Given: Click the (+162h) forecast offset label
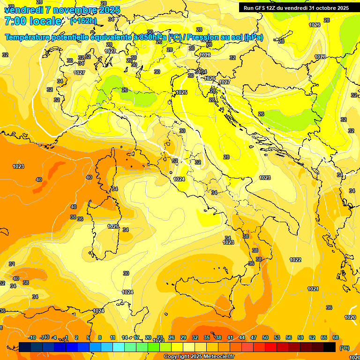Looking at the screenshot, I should (x=83, y=21).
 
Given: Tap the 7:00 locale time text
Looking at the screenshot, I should (x=33, y=21).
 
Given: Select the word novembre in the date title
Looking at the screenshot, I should (x=76, y=10).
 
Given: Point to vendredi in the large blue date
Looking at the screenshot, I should (x=23, y=10).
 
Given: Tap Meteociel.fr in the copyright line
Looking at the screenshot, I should (x=215, y=357).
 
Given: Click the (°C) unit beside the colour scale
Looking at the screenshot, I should (x=344, y=348).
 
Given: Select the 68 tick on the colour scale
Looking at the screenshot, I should (x=336, y=337).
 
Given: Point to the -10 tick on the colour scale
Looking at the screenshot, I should (x=32, y=337).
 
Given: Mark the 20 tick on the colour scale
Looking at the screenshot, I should (x=148, y=337).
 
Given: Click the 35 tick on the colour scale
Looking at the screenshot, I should (x=207, y=337).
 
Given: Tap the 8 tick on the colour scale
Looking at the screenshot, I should (x=100, y=337).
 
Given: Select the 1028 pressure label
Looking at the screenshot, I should (x=205, y=55).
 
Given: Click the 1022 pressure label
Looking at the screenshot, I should (x=295, y=260).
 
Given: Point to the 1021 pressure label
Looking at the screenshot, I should (x=313, y=289).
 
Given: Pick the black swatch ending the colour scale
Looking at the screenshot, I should (x=330, y=347).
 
